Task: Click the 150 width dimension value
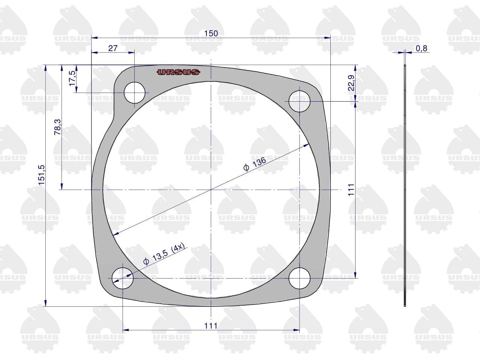(211, 33)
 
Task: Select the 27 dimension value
(113, 48)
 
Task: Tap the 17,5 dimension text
(72, 78)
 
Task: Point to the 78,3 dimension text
(57, 127)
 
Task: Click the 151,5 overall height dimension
(41, 175)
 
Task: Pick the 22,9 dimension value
(351, 83)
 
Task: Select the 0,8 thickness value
(421, 48)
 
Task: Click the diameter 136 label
(255, 164)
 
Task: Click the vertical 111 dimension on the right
(351, 190)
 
